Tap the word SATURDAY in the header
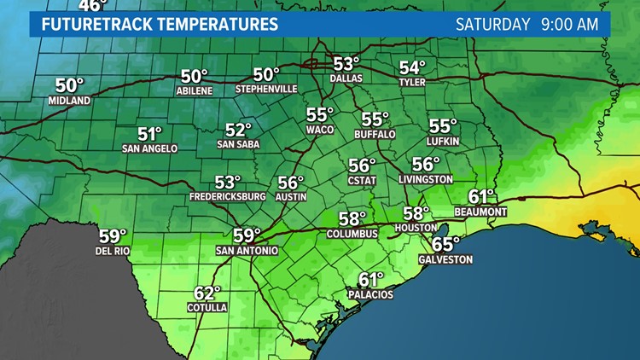(x=489, y=23)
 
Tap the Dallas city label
(x=346, y=78)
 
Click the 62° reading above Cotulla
(x=207, y=293)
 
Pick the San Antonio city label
(x=246, y=251)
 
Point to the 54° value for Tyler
(x=412, y=67)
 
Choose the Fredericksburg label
(x=227, y=196)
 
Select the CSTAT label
(x=362, y=179)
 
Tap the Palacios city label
(x=370, y=294)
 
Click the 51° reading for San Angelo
(x=150, y=133)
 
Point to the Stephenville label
(x=265, y=89)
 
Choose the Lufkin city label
(x=444, y=139)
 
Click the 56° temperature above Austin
(x=290, y=182)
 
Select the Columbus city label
(x=352, y=233)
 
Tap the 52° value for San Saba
(x=239, y=130)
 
